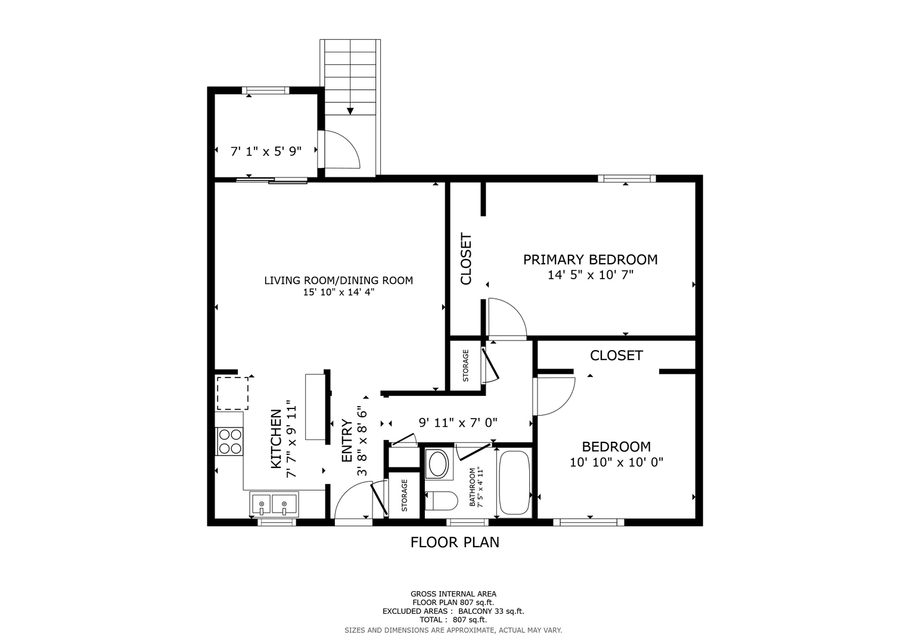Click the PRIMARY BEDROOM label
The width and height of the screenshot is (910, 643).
pos(591,260)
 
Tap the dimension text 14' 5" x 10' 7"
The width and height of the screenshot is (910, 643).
pos(591,275)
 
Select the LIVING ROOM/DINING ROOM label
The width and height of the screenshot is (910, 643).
pos(338,280)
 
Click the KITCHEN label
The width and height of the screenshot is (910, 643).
pos(276,439)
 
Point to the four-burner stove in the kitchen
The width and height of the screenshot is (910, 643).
pos(229,441)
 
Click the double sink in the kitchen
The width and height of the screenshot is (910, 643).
pos(274,504)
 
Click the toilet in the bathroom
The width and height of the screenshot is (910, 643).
pos(441,501)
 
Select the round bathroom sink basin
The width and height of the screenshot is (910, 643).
pos(438,464)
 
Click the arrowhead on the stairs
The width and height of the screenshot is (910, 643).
pos(350,111)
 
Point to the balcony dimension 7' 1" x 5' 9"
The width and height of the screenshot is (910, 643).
pos(266,151)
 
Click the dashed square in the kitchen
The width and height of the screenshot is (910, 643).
pos(232,394)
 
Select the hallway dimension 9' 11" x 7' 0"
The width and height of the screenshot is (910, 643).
pos(458,423)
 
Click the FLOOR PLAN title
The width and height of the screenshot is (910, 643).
pos(455,542)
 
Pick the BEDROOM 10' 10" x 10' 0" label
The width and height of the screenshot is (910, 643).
pos(616,454)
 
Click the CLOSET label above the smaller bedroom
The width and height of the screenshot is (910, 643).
pos(616,355)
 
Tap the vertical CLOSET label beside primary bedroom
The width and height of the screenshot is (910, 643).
pos(466,258)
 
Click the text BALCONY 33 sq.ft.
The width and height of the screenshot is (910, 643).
pos(491,611)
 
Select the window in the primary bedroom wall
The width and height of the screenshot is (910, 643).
pos(627,179)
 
